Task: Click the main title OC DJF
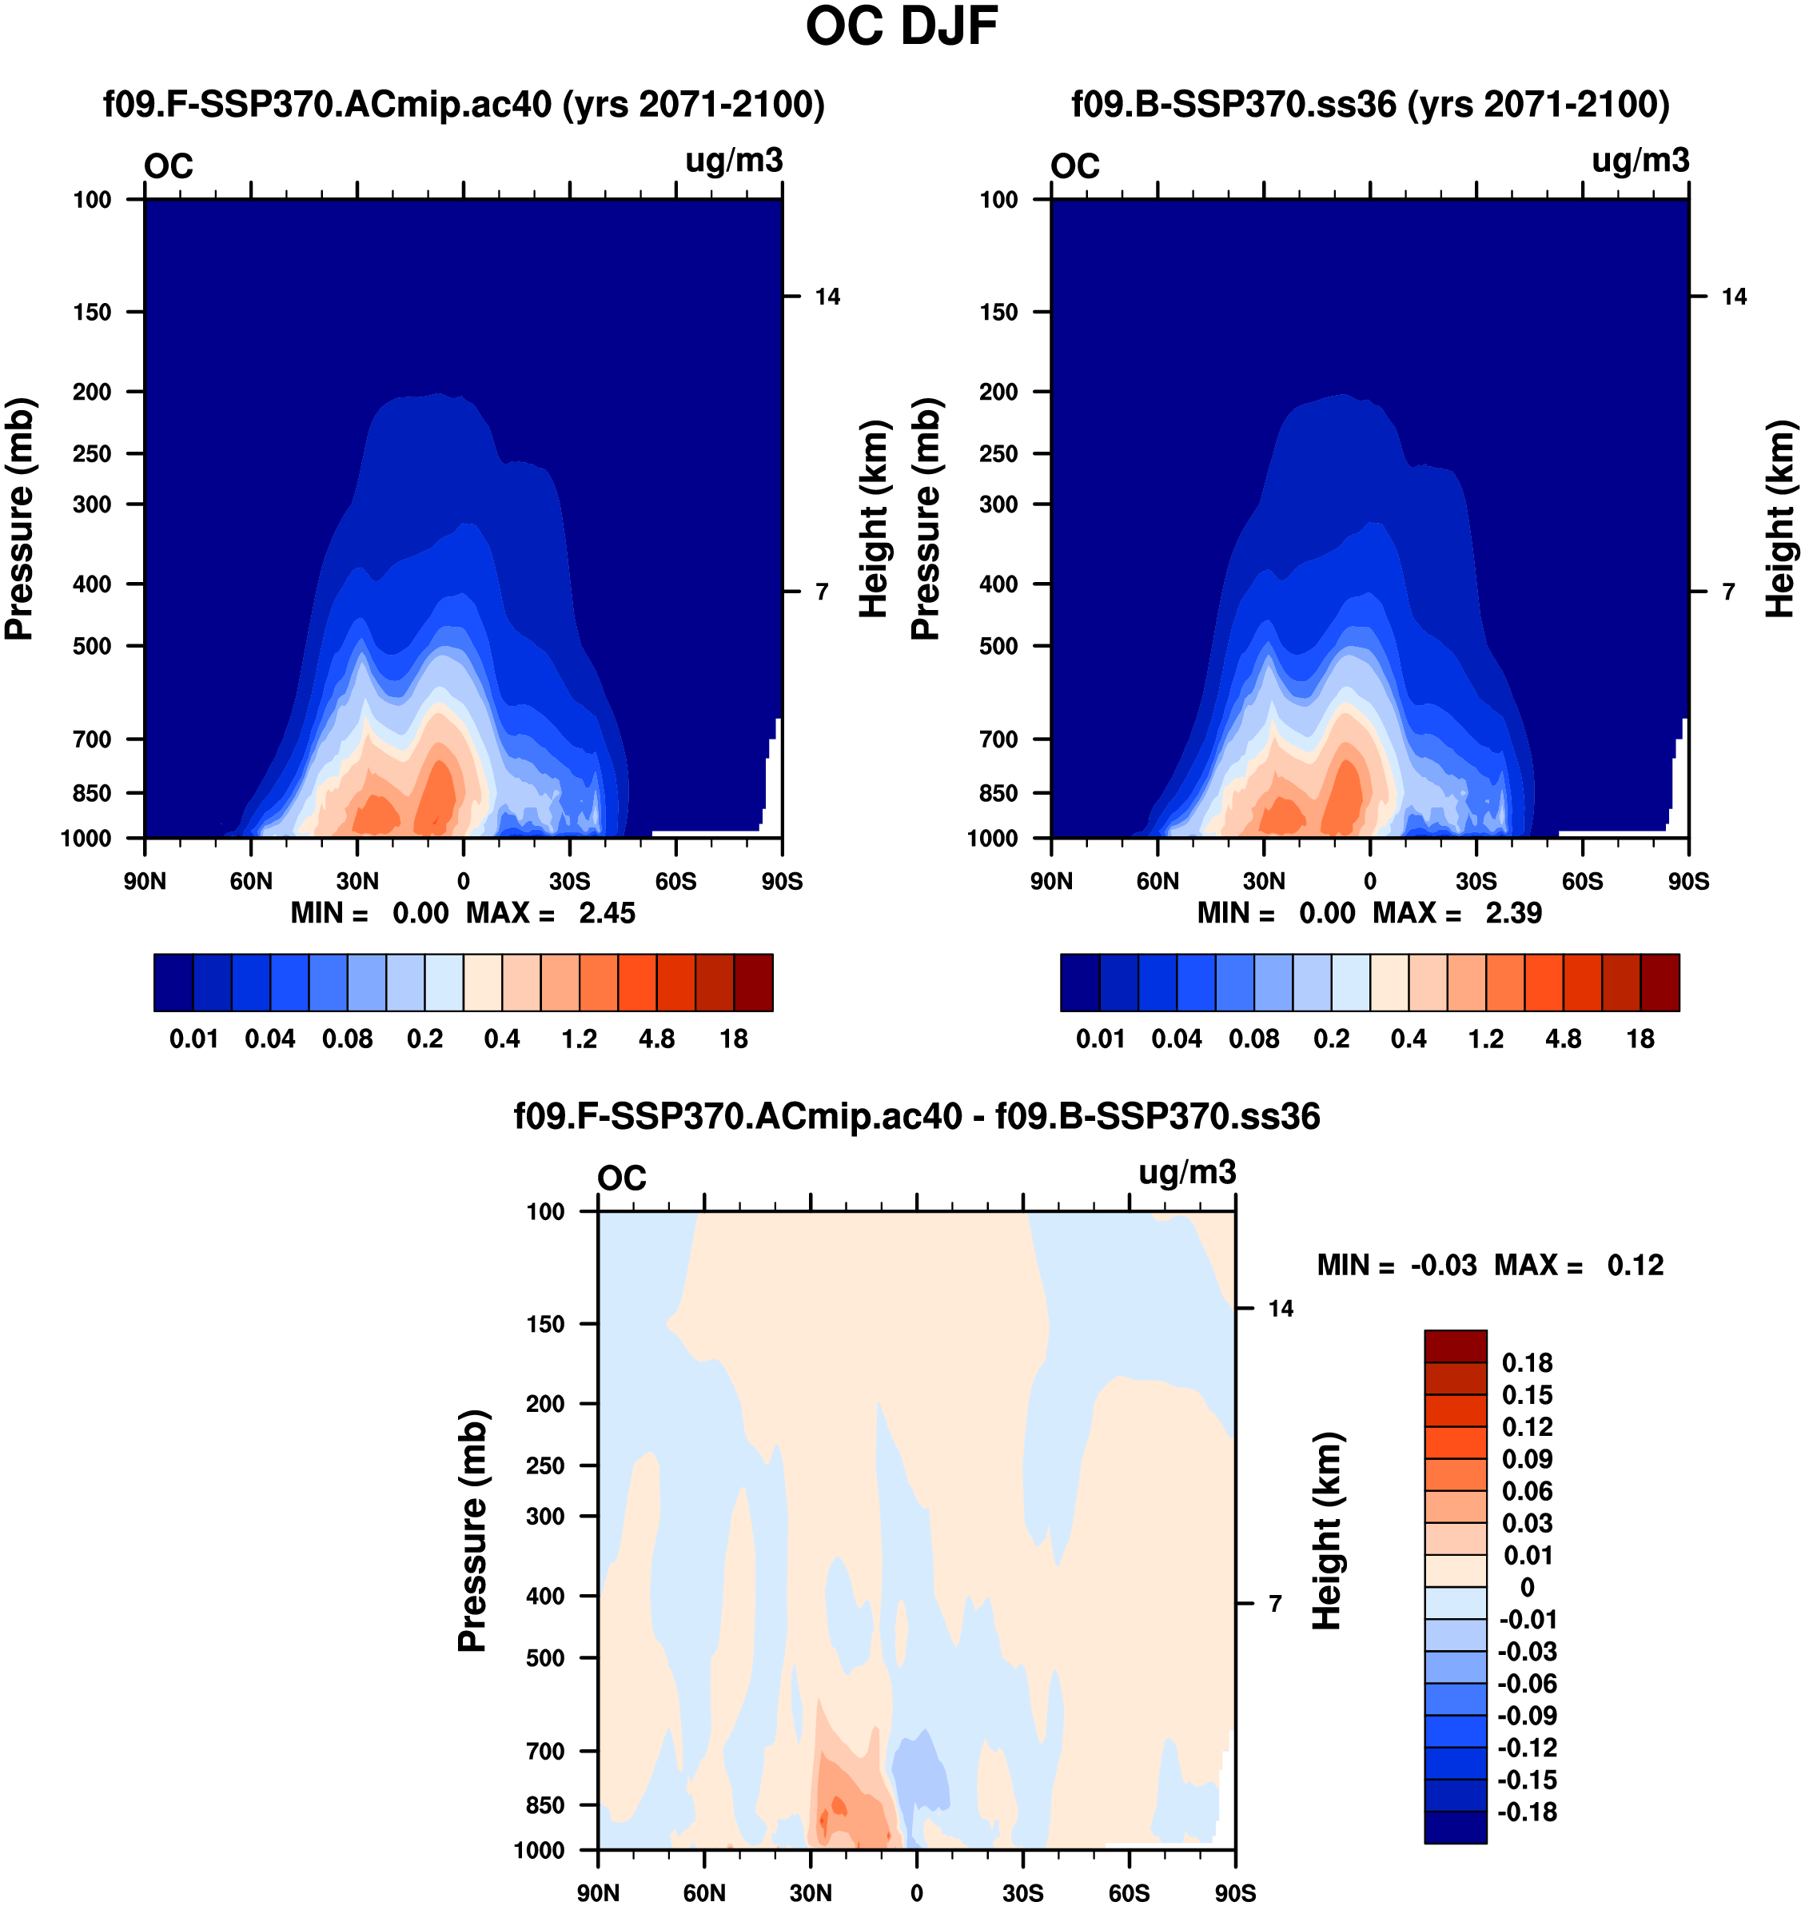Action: [x=902, y=27]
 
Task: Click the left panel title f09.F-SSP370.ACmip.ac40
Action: [x=464, y=104]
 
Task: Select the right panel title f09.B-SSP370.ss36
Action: [x=1370, y=104]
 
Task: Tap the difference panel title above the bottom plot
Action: [x=916, y=1116]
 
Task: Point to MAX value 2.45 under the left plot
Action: [x=607, y=913]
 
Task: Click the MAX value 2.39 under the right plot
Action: [x=1513, y=913]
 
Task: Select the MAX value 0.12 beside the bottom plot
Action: [x=1635, y=1266]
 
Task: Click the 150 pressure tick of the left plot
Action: [x=93, y=312]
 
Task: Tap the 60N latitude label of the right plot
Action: [x=1158, y=881]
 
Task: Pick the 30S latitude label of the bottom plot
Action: [x=1022, y=1892]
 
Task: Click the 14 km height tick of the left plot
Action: [x=827, y=297]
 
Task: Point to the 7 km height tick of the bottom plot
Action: [x=1275, y=1604]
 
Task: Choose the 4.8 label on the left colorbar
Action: [x=656, y=1039]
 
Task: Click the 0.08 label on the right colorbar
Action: [x=1253, y=1039]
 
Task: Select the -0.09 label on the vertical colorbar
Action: [x=1527, y=1716]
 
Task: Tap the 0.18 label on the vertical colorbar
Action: [x=1527, y=1363]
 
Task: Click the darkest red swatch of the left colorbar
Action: [x=753, y=983]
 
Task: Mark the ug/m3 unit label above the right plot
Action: [x=1640, y=161]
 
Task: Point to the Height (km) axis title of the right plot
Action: [x=1781, y=519]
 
